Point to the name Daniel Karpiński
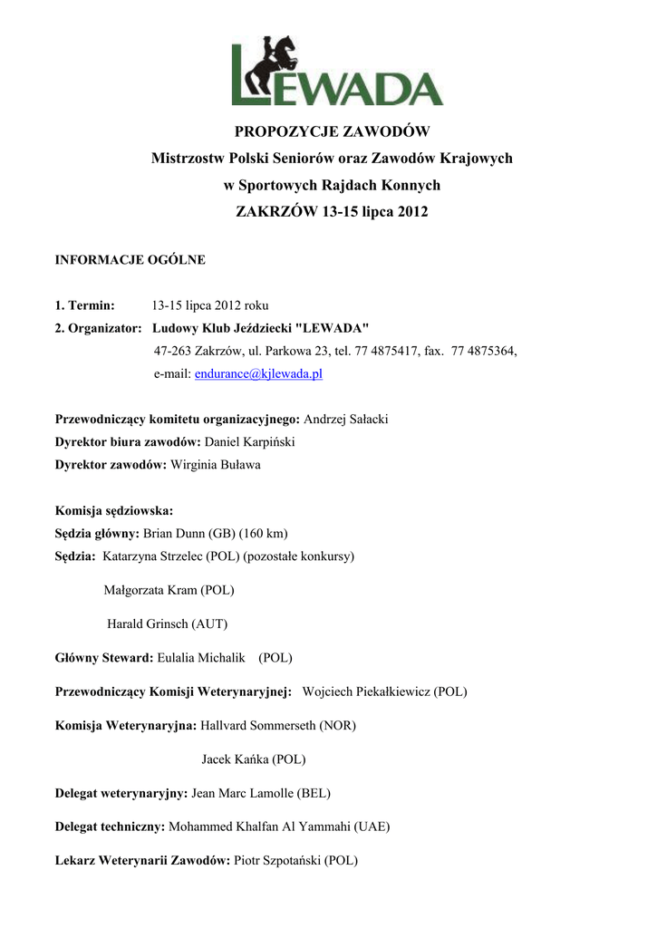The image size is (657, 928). coord(250,442)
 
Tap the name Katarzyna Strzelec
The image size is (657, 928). coord(153,556)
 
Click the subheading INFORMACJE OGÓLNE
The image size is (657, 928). coord(130,260)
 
